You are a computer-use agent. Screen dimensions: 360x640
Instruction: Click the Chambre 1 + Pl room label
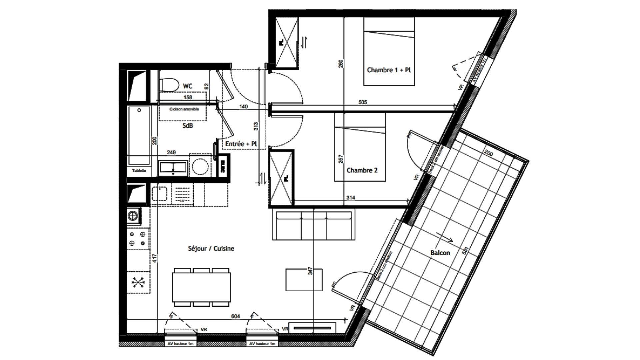coord(389,70)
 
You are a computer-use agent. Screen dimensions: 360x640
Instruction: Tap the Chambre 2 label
coord(362,170)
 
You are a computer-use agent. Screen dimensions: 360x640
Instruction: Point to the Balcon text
coord(440,253)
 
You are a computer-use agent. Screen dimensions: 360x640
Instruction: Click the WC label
coord(188,86)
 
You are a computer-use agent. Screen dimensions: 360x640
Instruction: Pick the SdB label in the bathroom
coord(188,126)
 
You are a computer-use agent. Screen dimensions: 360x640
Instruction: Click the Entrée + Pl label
coord(241,144)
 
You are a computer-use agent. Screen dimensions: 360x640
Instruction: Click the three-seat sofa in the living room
coord(313,225)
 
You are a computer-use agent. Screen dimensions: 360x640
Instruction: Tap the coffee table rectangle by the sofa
coord(304,280)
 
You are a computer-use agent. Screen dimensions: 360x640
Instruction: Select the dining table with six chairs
coord(201,287)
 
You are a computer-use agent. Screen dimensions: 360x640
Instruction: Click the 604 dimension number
coord(235,316)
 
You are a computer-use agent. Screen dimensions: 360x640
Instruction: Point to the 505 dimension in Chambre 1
coord(363,102)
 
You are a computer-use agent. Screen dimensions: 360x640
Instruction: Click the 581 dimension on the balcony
coord(466,251)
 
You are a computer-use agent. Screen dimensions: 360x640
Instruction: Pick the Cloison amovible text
coord(184,109)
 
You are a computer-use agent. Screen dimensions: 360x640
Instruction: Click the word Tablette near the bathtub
coord(139,171)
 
